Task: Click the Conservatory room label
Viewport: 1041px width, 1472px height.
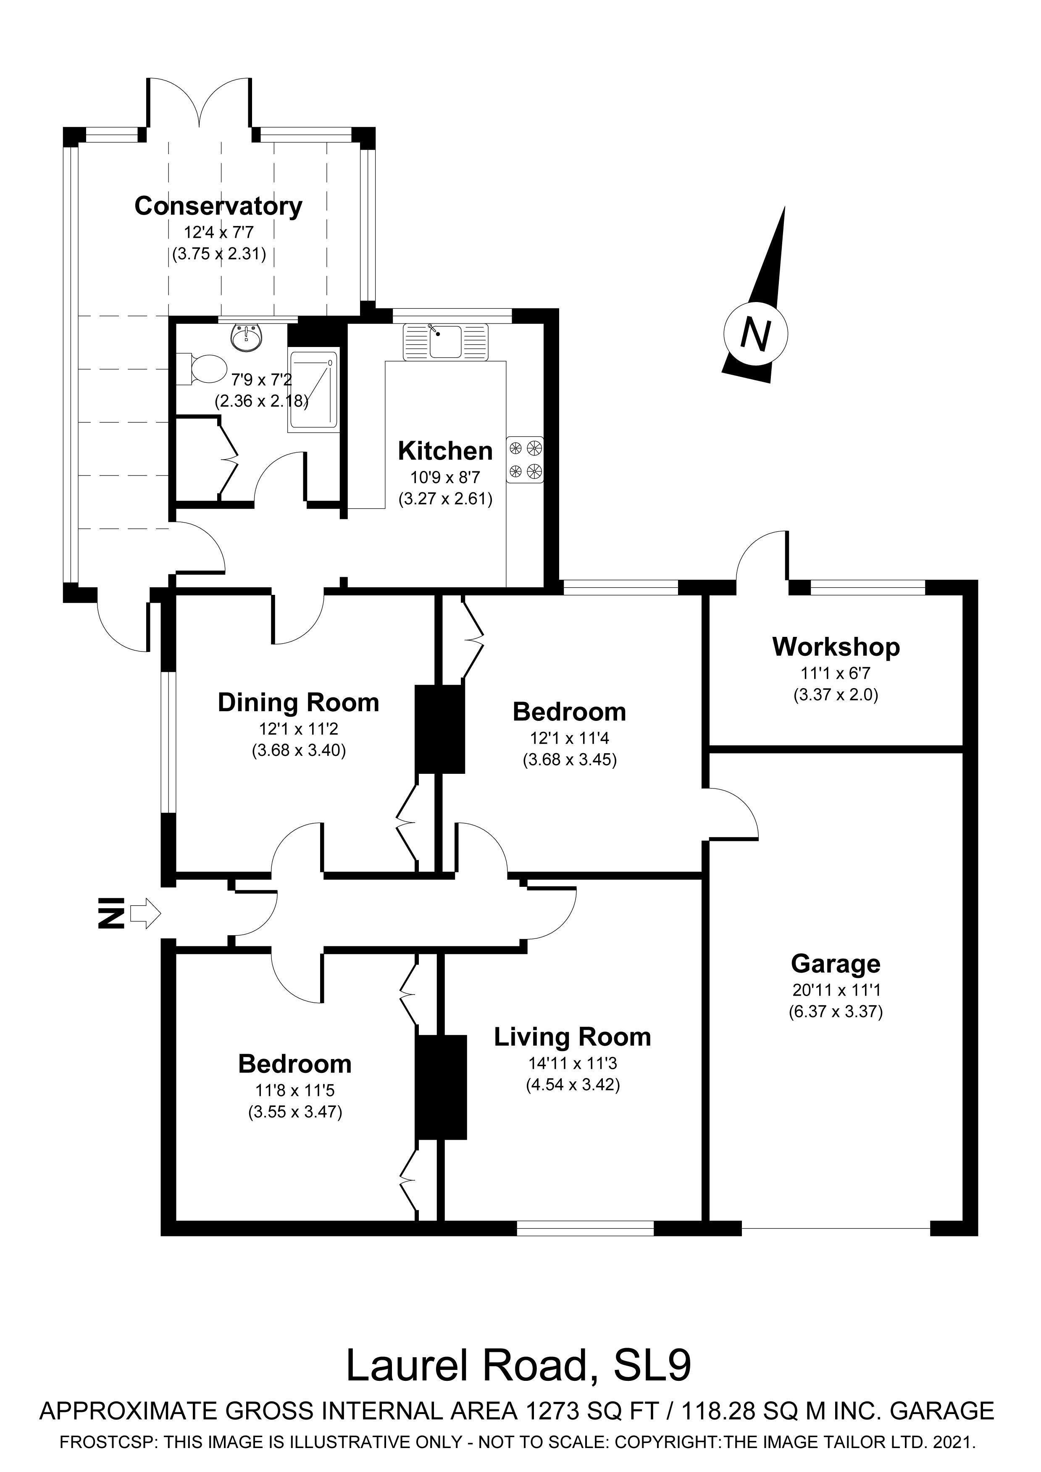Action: tap(218, 206)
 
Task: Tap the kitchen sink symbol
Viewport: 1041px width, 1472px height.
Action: tap(445, 342)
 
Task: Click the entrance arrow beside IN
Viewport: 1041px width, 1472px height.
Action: tap(145, 913)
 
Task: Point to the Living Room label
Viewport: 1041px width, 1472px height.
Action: tap(572, 1037)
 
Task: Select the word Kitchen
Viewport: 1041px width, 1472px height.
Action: tap(445, 451)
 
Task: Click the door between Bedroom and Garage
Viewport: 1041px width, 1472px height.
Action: tap(731, 813)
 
